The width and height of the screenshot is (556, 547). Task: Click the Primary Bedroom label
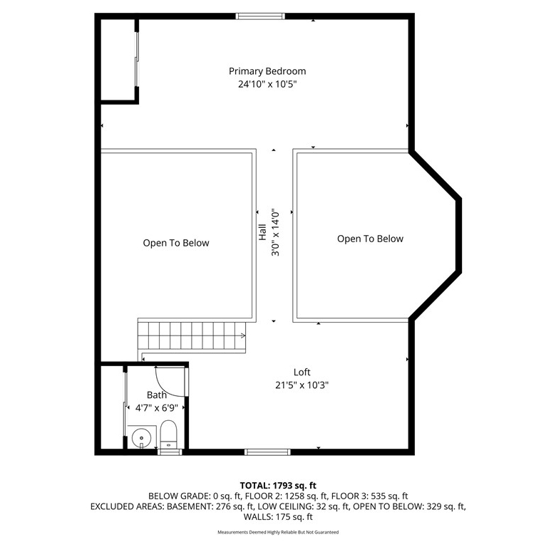click(x=267, y=71)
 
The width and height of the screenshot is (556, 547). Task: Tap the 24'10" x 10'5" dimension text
click(x=267, y=84)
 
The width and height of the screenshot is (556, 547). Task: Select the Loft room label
click(x=302, y=372)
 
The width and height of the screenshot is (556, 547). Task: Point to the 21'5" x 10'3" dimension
click(x=302, y=385)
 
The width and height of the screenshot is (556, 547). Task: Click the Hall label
click(x=262, y=232)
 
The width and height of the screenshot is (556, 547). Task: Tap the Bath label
click(x=157, y=395)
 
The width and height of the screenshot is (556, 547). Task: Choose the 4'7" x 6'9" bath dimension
click(x=157, y=408)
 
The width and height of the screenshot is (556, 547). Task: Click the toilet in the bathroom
click(x=168, y=434)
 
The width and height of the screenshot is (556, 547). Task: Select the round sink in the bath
click(x=141, y=438)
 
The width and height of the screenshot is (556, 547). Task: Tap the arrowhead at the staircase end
click(x=243, y=335)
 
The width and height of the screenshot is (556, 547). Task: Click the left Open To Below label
click(x=176, y=243)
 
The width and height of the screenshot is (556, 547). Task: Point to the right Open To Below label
click(x=370, y=239)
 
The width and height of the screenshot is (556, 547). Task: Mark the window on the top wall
click(x=260, y=16)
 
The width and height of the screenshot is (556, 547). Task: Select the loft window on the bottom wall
click(x=268, y=452)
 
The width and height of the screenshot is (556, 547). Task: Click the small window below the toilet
click(x=170, y=452)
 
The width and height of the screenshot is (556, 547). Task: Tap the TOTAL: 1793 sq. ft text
click(x=278, y=485)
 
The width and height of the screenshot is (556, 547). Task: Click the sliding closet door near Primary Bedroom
click(x=137, y=59)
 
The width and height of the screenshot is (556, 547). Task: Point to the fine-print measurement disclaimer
click(x=278, y=532)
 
